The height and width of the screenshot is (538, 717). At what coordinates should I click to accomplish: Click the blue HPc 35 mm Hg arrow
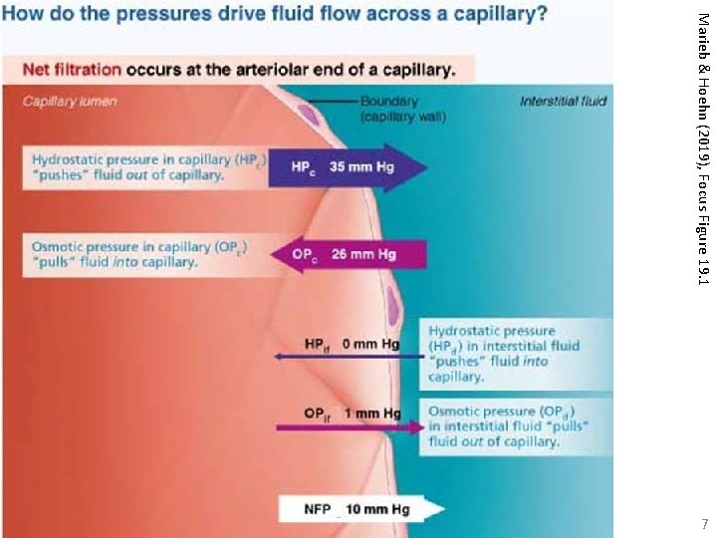344,166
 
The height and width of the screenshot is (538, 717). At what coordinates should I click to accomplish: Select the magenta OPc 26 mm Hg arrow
344,255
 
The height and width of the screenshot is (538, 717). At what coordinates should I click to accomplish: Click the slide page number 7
704,523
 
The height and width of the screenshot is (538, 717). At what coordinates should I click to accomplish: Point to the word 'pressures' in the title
153,16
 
